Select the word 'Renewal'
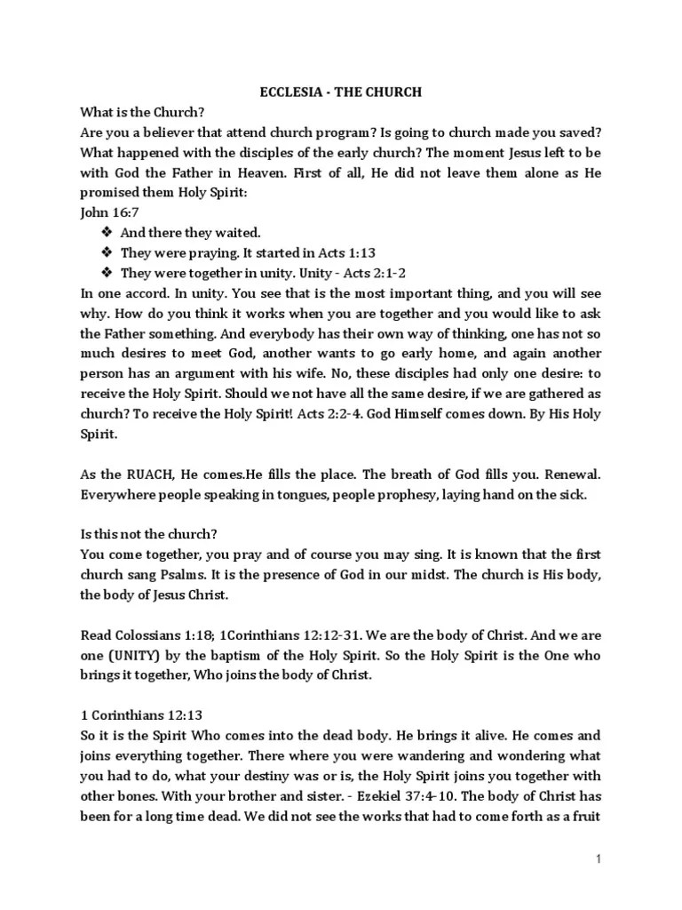click(569, 475)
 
